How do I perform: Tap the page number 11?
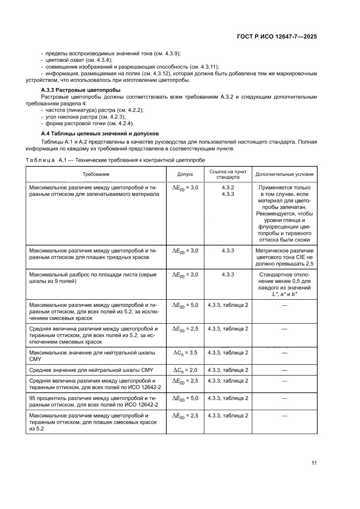tap(314, 463)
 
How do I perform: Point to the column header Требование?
tap(96, 174)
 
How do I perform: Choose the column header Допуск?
tap(185, 174)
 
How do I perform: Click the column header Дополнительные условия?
tap(284, 174)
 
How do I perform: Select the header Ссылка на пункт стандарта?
tap(228, 174)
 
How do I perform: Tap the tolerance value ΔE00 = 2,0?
tap(185, 275)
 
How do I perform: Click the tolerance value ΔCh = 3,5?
tap(185, 353)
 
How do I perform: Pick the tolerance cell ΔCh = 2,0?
tap(185, 370)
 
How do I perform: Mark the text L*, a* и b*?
tap(284, 295)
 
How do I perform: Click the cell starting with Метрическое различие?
tap(284, 257)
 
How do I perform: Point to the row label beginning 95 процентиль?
tap(94, 401)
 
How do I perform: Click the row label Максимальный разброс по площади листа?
tap(92, 278)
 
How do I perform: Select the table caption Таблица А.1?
tap(115, 160)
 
